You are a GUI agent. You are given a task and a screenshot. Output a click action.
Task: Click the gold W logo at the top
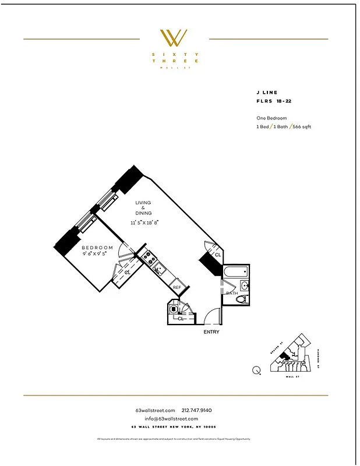click(x=174, y=38)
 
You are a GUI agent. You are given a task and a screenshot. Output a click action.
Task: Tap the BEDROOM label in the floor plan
click(x=97, y=248)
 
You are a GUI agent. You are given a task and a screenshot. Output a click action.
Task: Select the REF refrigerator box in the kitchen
click(x=177, y=287)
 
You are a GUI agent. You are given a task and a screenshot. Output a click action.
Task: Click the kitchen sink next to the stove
click(x=157, y=269)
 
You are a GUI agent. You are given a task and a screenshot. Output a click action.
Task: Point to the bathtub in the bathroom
click(x=236, y=272)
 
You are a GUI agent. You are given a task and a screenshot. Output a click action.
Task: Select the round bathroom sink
click(x=245, y=285)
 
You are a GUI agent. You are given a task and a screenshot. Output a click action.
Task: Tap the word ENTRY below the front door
click(x=211, y=332)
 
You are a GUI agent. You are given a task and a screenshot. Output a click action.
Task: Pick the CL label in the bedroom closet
click(x=127, y=273)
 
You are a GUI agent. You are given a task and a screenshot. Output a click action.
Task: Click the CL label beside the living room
click(x=218, y=255)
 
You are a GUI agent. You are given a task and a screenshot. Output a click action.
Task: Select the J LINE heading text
click(x=267, y=93)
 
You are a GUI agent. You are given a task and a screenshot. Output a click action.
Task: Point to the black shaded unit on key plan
click(x=284, y=355)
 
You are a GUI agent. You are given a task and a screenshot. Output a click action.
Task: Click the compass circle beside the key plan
click(x=257, y=369)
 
